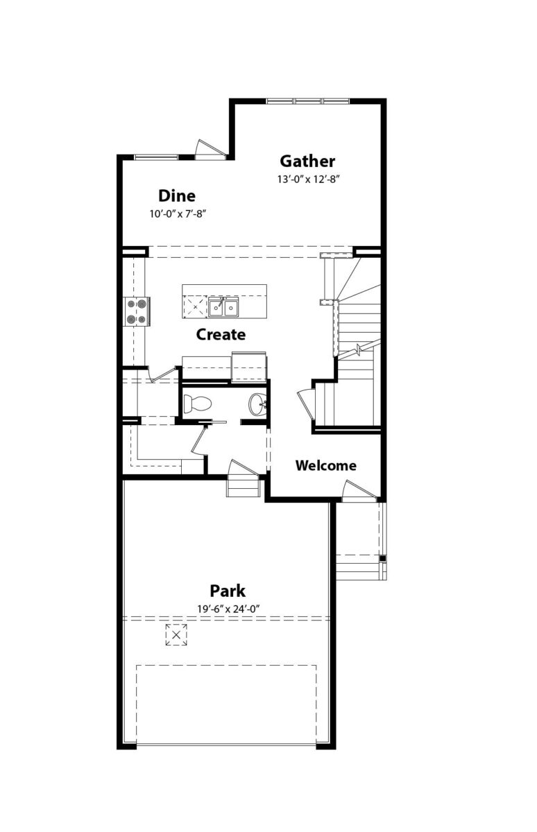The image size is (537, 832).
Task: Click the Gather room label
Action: click(307, 161)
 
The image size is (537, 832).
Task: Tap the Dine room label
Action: click(177, 196)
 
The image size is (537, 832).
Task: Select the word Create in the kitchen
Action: click(221, 335)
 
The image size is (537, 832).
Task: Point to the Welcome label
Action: click(326, 465)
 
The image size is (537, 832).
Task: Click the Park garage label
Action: click(228, 591)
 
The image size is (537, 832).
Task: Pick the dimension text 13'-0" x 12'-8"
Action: click(309, 180)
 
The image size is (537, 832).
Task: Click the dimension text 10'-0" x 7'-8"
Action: click(178, 214)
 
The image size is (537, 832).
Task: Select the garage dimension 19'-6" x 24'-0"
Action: click(228, 609)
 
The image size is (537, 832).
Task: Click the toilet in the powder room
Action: click(197, 404)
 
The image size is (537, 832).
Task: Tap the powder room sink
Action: click(257, 404)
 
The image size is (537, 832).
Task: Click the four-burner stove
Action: click(137, 311)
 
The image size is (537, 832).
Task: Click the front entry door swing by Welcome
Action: click(359, 491)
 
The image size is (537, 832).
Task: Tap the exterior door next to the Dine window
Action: click(210, 150)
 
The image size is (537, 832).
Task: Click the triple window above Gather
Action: click(309, 101)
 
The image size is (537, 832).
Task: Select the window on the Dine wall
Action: click(156, 157)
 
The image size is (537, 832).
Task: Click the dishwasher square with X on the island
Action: click(195, 306)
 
